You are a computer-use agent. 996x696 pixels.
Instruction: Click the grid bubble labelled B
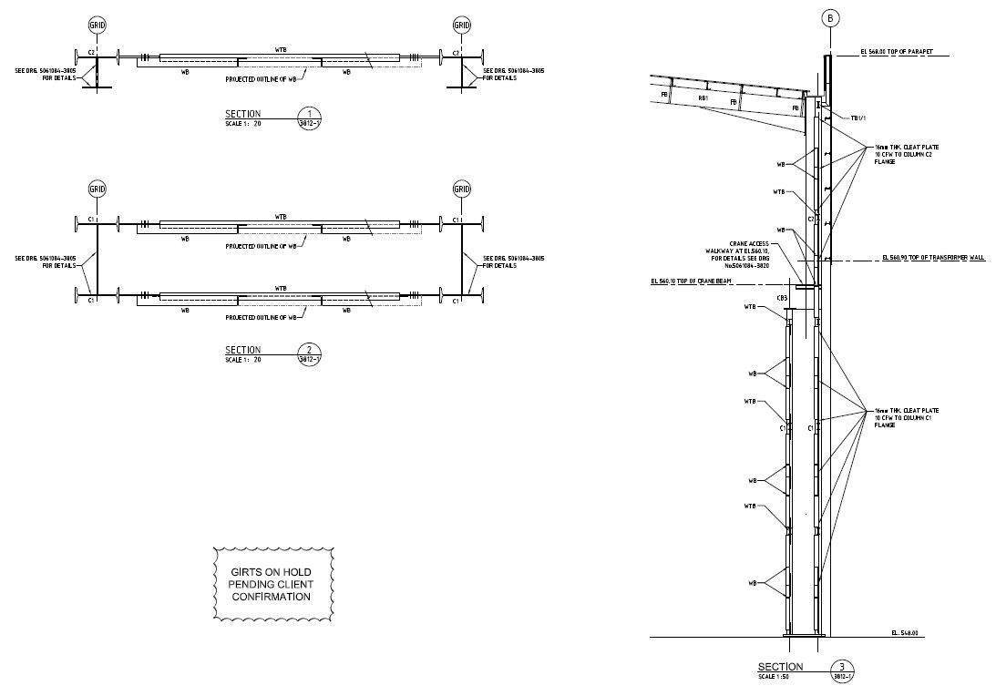[x=829, y=17]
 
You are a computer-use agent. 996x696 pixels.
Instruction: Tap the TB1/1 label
[x=857, y=118]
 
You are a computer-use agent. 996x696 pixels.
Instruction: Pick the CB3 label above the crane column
[x=782, y=298]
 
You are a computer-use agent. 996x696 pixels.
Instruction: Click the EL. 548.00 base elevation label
[x=904, y=631]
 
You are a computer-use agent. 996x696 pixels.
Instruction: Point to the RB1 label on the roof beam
[x=703, y=98]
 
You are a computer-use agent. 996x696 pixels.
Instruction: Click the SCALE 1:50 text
[x=777, y=677]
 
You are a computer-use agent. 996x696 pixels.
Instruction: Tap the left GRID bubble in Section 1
[x=97, y=26]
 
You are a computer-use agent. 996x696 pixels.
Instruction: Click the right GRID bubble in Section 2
[x=462, y=189]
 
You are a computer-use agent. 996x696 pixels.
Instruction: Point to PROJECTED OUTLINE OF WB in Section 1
[x=262, y=79]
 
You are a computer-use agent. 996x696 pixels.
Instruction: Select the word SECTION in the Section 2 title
[x=242, y=350]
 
